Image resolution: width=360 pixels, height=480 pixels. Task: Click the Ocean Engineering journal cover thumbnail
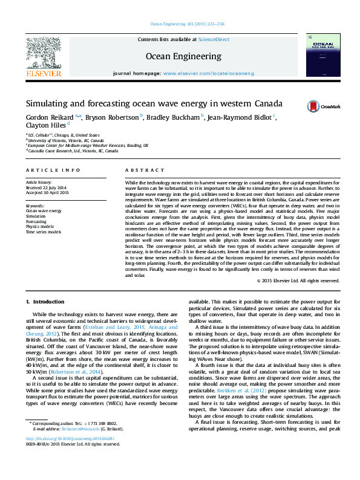pos(321,56)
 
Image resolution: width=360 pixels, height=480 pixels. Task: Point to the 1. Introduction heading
pos(45,301)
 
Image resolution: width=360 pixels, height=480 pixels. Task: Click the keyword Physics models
pos(40,227)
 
